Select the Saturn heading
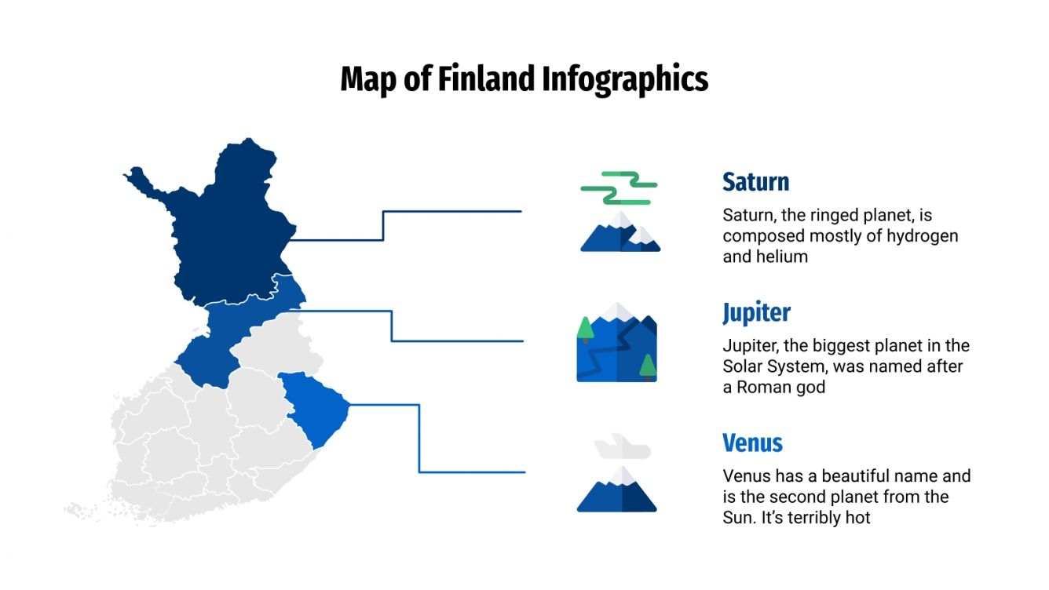755,182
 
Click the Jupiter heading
756,312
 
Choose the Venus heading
752,442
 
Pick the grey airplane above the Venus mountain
622,448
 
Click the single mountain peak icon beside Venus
617,490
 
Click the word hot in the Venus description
857,518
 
